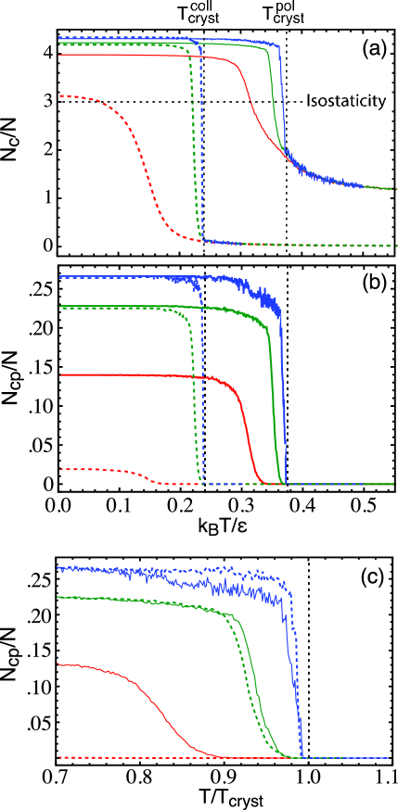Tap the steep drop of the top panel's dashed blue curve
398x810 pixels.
201,139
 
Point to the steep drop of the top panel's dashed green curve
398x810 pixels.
194,139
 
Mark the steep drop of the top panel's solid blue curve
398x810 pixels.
283,102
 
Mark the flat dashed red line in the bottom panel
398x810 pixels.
139,758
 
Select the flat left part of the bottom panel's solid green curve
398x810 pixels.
111,600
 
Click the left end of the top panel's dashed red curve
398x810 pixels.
60,96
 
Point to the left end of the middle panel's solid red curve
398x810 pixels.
61,375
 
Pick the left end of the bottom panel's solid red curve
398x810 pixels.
58,664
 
